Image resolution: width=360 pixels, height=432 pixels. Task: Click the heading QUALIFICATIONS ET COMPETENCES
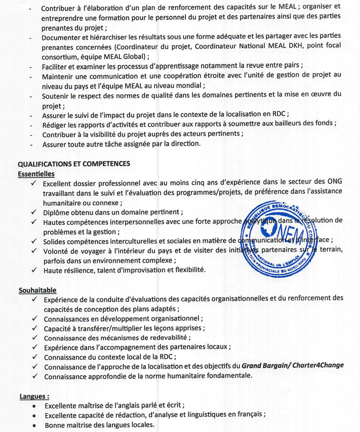pos(74,164)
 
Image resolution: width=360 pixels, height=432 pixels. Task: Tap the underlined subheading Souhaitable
pos(37,290)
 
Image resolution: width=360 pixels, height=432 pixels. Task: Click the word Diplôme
pos(57,212)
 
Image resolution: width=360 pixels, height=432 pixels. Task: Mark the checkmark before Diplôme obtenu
pos(33,212)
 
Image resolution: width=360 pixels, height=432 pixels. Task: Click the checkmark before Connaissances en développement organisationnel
pos(33,319)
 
